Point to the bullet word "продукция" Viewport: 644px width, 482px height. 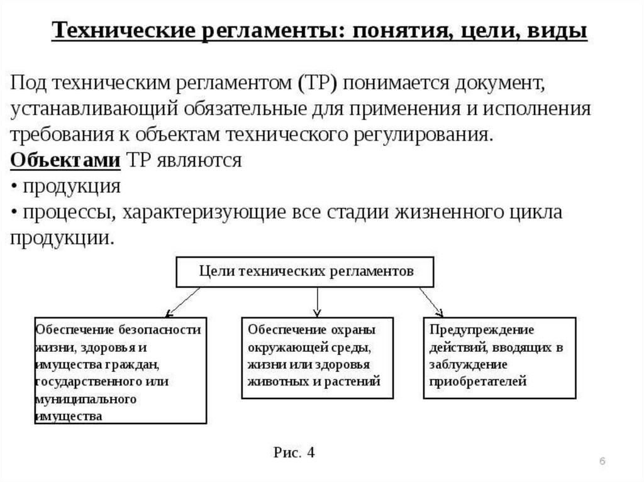(71, 187)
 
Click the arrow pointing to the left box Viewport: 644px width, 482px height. (182, 300)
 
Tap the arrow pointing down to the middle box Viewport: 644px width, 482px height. (318, 302)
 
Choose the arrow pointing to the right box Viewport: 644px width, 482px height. (431, 300)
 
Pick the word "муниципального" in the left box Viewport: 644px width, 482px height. (77, 399)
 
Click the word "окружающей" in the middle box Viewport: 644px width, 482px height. (287, 347)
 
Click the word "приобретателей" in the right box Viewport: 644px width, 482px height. (478, 381)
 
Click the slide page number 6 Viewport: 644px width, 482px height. (602, 462)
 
